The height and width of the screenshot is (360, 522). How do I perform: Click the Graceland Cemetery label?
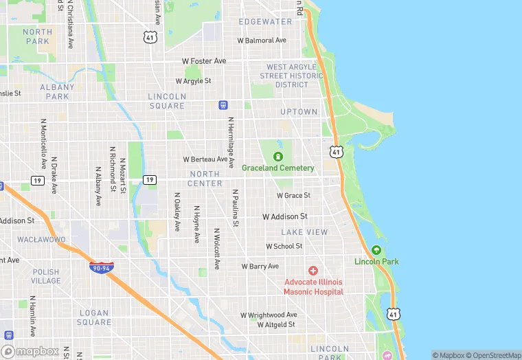[277, 168]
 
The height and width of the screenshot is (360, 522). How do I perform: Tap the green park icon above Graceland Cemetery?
[278, 156]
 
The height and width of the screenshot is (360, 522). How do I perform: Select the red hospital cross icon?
[313, 270]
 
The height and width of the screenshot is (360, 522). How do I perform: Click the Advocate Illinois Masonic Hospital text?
[313, 286]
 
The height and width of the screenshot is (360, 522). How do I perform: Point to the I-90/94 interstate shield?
[100, 266]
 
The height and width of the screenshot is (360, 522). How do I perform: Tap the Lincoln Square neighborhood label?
[166, 101]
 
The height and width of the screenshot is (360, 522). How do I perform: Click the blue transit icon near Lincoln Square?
[223, 104]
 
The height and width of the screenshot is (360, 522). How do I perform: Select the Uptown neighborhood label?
[299, 111]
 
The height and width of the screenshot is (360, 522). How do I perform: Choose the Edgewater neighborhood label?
[265, 22]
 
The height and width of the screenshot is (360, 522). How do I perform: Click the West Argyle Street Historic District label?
[292, 76]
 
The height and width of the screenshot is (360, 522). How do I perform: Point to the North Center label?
[205, 179]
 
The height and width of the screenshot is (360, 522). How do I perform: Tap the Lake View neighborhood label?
[304, 232]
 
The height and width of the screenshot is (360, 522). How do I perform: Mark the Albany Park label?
[57, 92]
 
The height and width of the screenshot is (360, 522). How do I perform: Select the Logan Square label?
[94, 317]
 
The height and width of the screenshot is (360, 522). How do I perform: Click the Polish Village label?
[46, 276]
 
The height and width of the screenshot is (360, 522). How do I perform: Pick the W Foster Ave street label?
[204, 61]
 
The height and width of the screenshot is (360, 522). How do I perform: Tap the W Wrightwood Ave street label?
[269, 315]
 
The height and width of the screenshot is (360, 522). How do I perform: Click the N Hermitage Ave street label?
[231, 136]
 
